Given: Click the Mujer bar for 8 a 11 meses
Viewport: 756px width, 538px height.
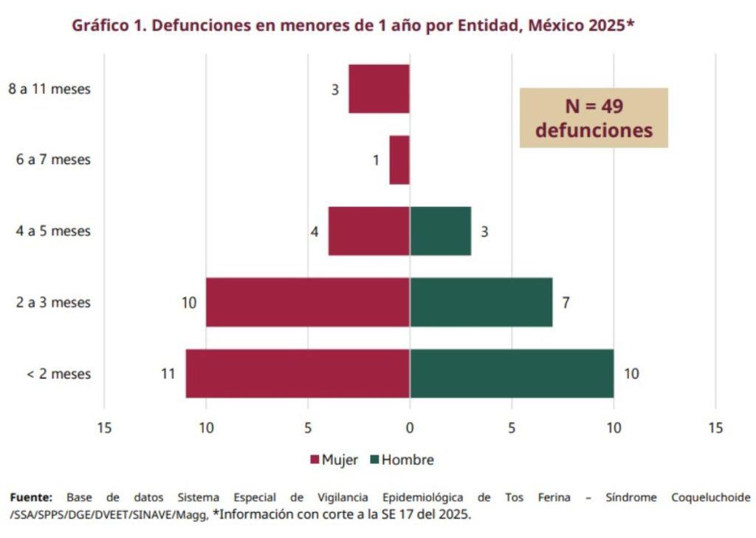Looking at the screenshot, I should [x=379, y=89].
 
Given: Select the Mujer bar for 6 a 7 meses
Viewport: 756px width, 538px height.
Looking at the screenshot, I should [x=399, y=160].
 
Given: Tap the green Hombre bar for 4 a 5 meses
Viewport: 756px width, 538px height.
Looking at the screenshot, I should [x=440, y=231].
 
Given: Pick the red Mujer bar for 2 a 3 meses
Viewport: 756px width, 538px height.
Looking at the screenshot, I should [x=307, y=302].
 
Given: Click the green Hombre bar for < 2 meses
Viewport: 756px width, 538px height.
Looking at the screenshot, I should [x=512, y=373].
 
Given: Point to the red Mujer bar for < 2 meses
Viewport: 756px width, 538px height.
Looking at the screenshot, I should [x=298, y=373].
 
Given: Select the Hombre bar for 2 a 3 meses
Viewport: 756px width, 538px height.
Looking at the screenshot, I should [x=481, y=302].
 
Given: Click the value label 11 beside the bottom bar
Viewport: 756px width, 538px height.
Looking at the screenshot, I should [x=168, y=373].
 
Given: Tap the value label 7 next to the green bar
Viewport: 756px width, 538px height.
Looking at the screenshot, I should [x=566, y=302].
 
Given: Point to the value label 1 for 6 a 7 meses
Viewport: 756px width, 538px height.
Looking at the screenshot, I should [x=376, y=160].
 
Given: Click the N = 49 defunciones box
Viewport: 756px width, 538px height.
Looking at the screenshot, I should [x=594, y=118].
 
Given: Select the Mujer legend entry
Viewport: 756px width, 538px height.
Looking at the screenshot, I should [x=334, y=460].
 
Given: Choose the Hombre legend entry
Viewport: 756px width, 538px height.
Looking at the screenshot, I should [x=402, y=460].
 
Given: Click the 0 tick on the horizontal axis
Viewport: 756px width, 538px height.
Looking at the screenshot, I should [x=410, y=427].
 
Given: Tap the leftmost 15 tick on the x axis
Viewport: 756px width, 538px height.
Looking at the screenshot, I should [x=104, y=427].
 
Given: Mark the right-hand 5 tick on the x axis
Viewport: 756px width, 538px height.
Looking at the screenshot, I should [x=511, y=427].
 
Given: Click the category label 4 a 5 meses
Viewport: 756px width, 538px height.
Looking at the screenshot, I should [x=53, y=231].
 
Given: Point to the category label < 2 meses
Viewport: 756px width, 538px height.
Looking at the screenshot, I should [x=58, y=374].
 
